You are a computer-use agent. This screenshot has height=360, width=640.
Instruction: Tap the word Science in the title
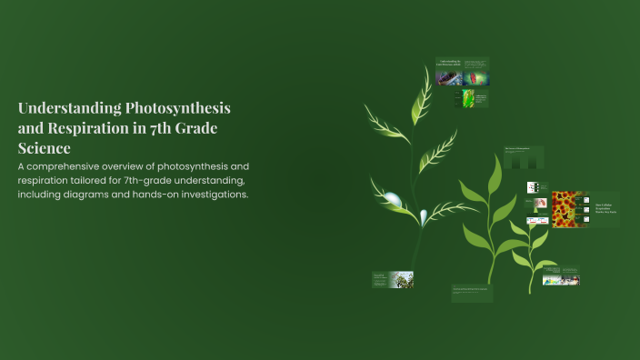click(45, 147)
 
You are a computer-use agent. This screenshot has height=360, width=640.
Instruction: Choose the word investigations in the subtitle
click(214, 195)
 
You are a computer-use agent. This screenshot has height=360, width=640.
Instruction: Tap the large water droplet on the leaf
click(392, 199)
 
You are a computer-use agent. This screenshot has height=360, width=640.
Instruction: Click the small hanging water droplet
click(423, 216)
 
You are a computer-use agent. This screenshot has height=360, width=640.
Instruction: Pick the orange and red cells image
click(566, 208)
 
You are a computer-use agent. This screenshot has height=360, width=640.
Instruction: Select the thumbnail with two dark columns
click(524, 160)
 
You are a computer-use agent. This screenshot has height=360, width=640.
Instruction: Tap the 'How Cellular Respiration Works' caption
click(605, 207)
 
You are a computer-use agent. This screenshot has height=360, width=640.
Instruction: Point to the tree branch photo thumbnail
click(401, 280)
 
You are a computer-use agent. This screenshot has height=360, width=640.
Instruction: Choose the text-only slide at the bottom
click(472, 293)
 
